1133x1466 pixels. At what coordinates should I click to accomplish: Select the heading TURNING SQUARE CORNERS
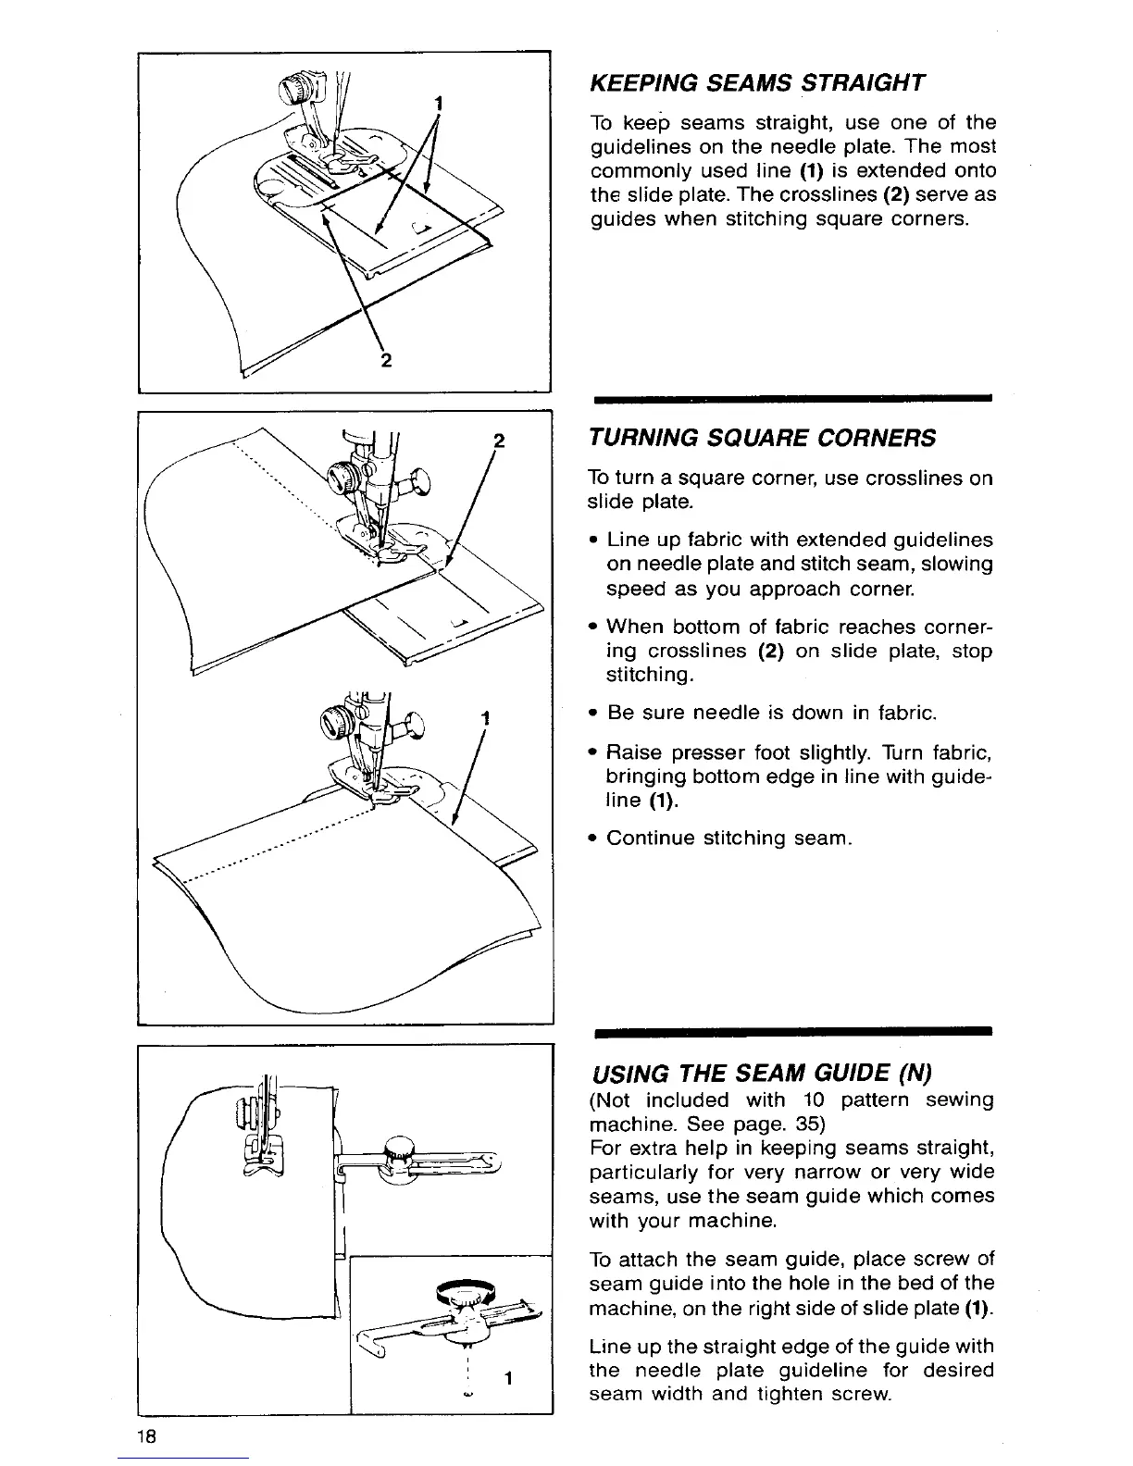(x=762, y=437)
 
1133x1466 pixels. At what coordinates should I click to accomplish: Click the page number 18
(x=147, y=1437)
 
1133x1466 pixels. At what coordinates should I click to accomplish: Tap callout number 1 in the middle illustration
(x=484, y=717)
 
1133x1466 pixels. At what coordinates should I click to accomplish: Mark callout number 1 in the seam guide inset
(x=510, y=1378)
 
